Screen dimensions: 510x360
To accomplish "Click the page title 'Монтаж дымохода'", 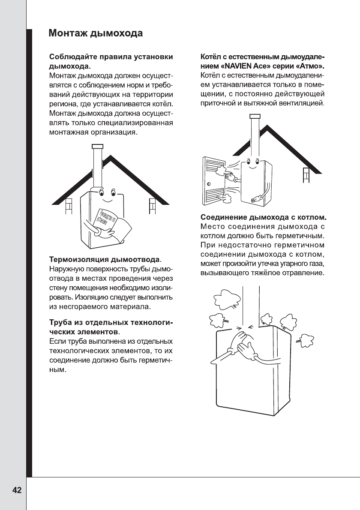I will (x=95, y=33).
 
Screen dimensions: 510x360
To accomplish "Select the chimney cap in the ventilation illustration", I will (x=254, y=117).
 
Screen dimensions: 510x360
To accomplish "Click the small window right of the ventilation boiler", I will (x=306, y=175).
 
